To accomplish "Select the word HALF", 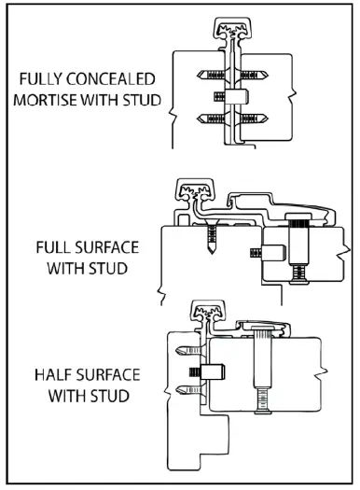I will click(55, 375).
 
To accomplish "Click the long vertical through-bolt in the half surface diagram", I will click(264, 378).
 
